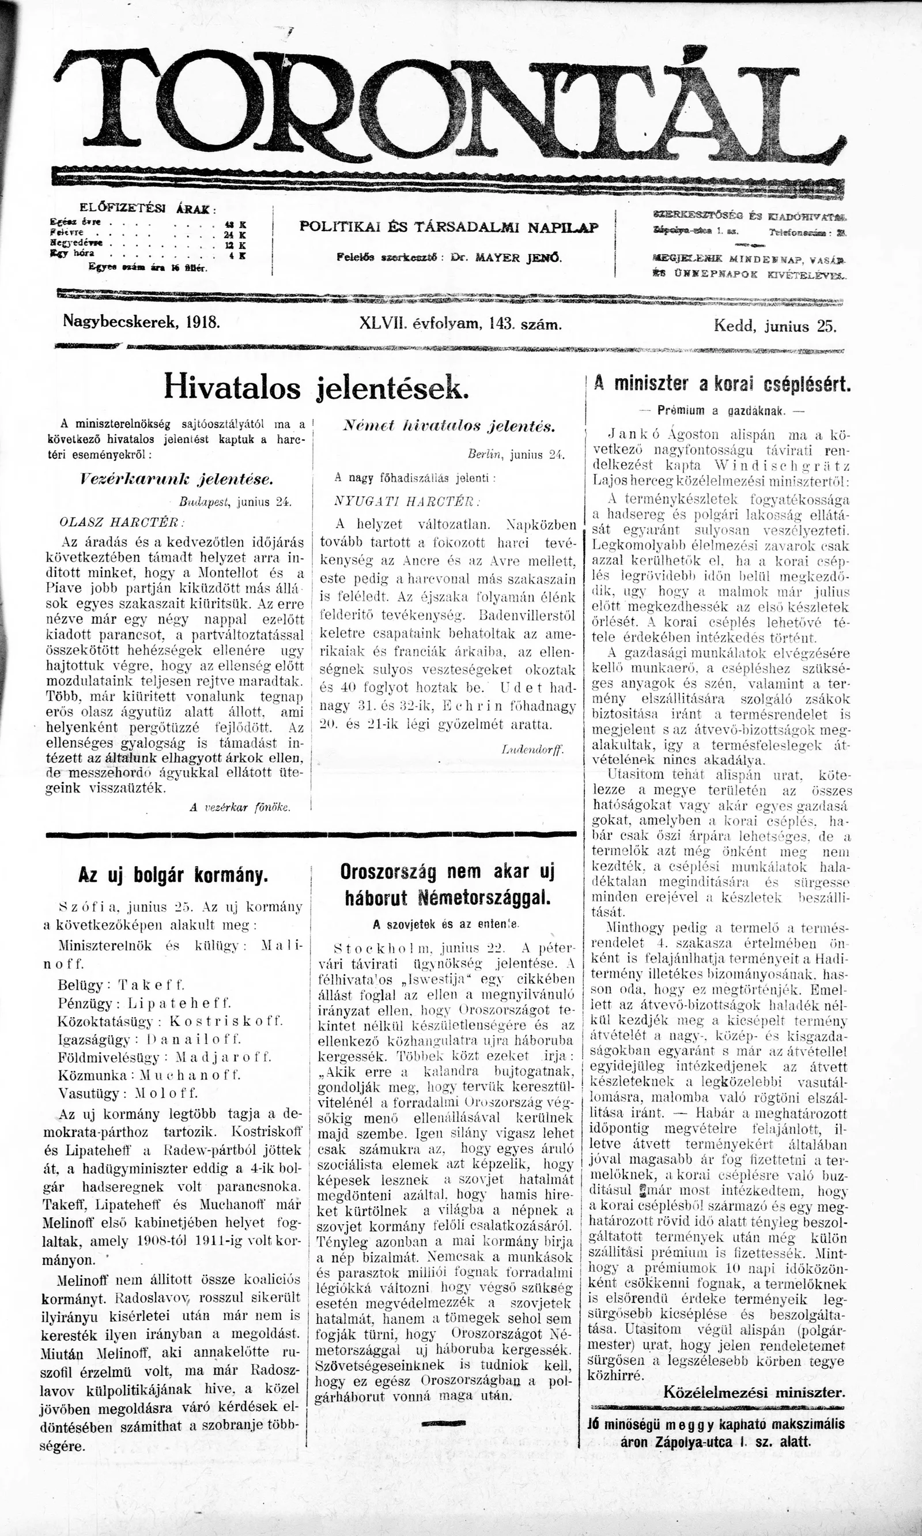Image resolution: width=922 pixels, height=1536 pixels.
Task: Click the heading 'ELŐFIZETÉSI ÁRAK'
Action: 148,208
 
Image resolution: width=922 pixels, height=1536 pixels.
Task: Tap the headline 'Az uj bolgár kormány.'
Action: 173,875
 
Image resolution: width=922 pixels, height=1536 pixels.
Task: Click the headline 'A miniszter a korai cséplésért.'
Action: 722,383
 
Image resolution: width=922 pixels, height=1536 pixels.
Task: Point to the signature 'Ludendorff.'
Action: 532,749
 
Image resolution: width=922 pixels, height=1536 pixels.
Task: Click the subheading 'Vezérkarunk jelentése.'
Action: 176,479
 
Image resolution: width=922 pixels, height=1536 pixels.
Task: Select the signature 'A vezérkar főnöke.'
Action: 240,807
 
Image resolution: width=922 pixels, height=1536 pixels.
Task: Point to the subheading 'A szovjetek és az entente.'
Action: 446,923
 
